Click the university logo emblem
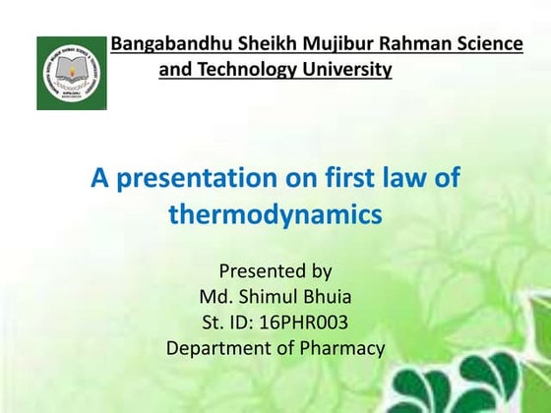tap(72, 73)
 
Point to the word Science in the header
tap(486, 44)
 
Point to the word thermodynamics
tap(275, 214)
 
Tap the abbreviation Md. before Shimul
tap(215, 297)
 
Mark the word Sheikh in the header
tap(247, 44)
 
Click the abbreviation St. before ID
tap(214, 323)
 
